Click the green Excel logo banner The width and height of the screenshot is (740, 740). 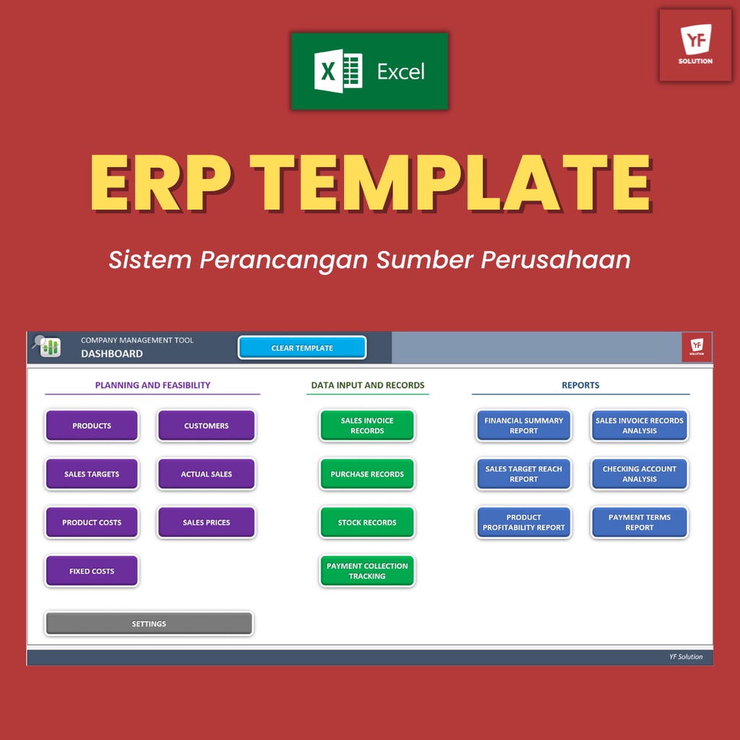pyautogui.click(x=369, y=72)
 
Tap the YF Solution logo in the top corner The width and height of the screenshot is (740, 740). pyautogui.click(x=695, y=45)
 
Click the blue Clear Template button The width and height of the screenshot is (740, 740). pyautogui.click(x=302, y=348)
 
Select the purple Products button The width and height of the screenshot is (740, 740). pyautogui.click(x=92, y=426)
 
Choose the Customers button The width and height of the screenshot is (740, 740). pyautogui.click(x=206, y=426)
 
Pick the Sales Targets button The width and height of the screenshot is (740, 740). pyautogui.click(x=92, y=474)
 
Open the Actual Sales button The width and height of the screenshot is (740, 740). pyautogui.click(x=206, y=474)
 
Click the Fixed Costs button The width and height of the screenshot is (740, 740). pyautogui.click(x=92, y=571)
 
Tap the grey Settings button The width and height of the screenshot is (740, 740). pyautogui.click(x=149, y=624)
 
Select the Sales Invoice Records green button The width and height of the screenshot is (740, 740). pyautogui.click(x=367, y=426)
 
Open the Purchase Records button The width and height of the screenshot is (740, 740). pyautogui.click(x=367, y=474)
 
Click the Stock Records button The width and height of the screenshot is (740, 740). pyautogui.click(x=367, y=522)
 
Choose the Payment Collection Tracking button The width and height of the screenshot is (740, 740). pyautogui.click(x=367, y=571)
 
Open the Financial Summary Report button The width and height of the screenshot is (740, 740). pyautogui.click(x=523, y=426)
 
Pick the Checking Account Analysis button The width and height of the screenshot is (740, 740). pyautogui.click(x=640, y=474)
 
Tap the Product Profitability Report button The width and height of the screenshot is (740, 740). pyautogui.click(x=523, y=522)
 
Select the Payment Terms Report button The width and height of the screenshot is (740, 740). pyautogui.click(x=640, y=522)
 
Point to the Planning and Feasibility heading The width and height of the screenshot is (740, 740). pyautogui.click(x=152, y=385)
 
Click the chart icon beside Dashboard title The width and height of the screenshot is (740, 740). pyautogui.click(x=50, y=348)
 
